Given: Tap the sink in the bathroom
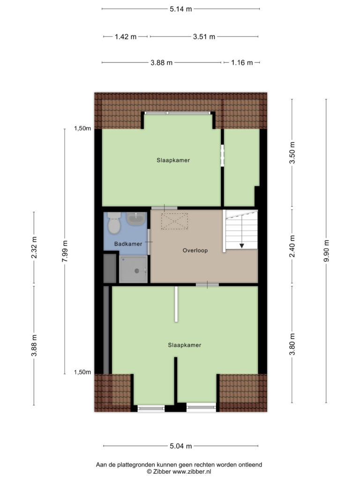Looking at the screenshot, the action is click(135, 219).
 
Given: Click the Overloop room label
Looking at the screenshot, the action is click(195, 250).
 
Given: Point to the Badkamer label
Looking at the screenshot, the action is click(128, 244).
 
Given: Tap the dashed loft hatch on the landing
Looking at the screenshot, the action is click(174, 221).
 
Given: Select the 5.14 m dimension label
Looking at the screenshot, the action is click(181, 9).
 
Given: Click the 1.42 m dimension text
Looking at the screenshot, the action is click(126, 37).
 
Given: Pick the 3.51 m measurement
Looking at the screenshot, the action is click(204, 37).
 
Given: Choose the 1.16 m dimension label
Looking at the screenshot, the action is click(242, 63).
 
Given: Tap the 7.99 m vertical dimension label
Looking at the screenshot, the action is click(65, 251).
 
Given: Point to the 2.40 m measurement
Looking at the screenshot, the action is click(292, 246).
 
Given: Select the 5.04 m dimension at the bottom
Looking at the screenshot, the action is click(181, 446).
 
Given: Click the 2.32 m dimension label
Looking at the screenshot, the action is click(34, 247).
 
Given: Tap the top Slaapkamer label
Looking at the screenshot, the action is click(173, 160).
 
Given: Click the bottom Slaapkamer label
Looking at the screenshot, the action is click(185, 345).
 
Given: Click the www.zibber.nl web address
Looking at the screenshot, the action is click(192, 472).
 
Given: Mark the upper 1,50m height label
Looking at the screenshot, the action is click(82, 128).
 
